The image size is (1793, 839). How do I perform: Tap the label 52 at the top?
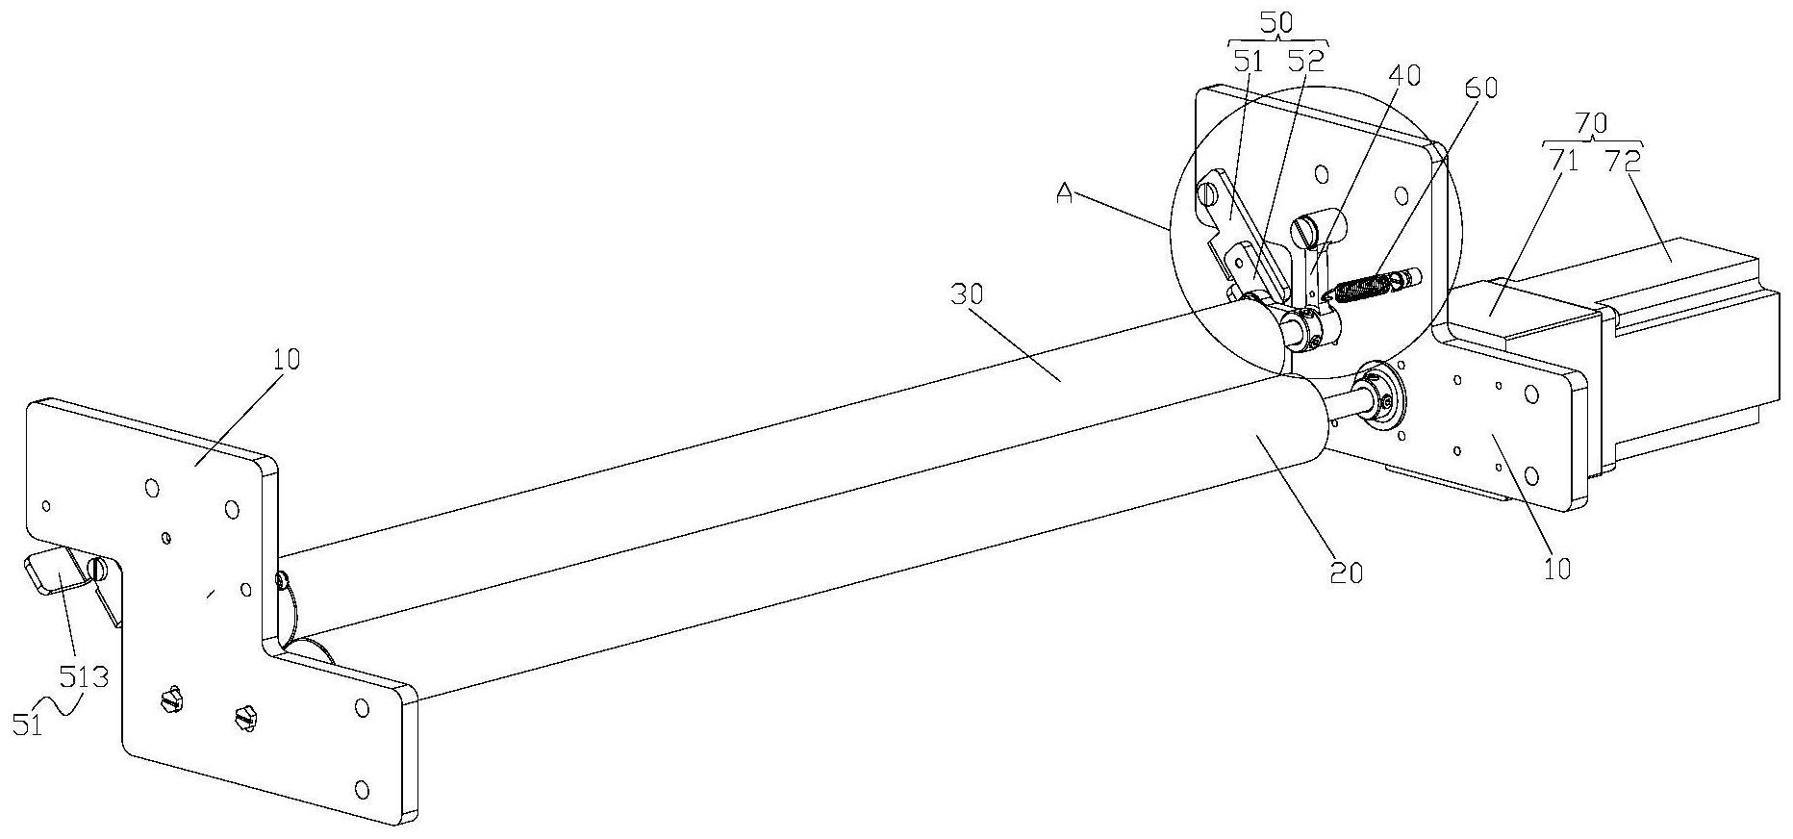point(1305,62)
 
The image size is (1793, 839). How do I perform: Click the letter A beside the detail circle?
point(1064,193)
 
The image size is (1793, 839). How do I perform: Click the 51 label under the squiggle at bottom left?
point(29,725)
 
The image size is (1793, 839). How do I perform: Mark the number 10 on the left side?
point(285,359)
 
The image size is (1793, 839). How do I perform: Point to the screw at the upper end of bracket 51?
point(1208,193)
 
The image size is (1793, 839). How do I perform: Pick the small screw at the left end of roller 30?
point(282,580)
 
